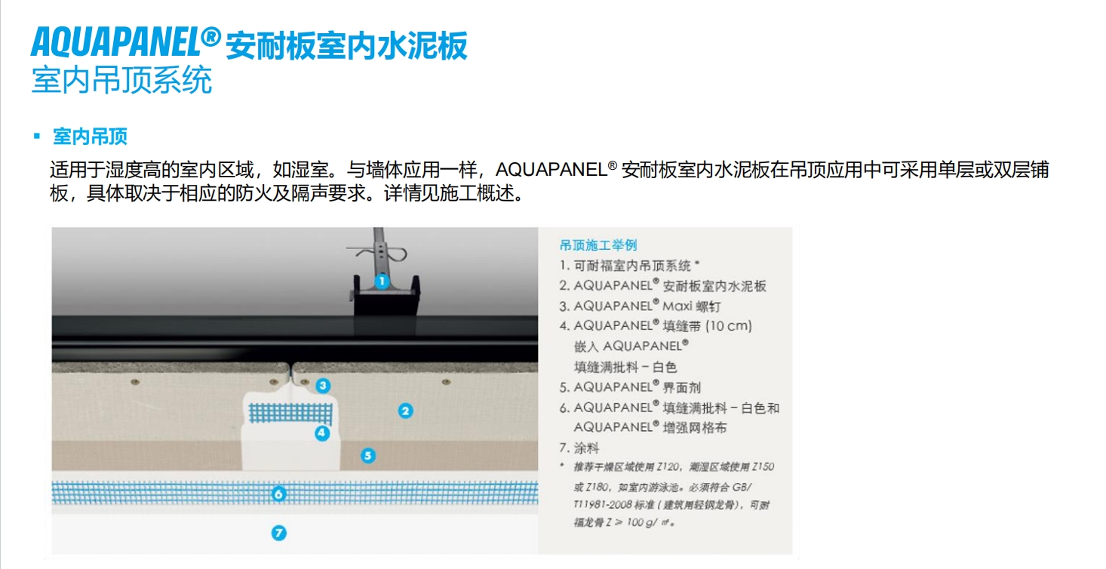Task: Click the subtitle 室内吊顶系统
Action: tap(122, 80)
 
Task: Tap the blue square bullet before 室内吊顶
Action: tap(36, 136)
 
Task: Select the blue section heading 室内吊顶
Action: tap(90, 137)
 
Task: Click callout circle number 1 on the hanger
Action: tap(381, 281)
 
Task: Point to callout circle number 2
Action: tap(405, 411)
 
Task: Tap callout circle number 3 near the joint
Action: tap(323, 386)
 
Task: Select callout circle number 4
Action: tap(322, 433)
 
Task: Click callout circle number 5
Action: tap(368, 455)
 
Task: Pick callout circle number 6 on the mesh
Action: tap(278, 494)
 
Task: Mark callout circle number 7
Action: tap(279, 533)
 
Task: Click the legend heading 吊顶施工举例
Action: tap(598, 245)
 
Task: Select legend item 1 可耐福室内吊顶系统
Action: tap(629, 266)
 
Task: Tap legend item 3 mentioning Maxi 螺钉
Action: tap(640, 306)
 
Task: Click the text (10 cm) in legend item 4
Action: tap(729, 326)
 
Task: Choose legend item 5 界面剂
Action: tap(630, 387)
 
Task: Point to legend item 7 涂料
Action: tap(579, 448)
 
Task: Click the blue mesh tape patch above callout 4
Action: tap(290, 413)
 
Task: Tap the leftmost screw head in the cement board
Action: tap(135, 382)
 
